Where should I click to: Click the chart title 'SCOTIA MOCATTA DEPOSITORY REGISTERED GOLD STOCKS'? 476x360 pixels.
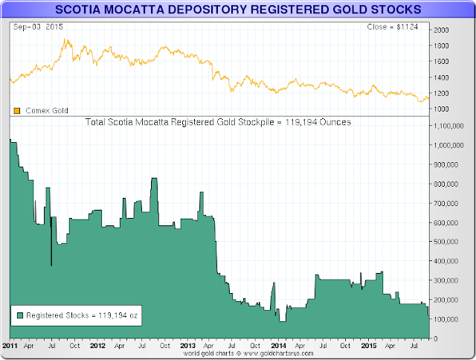(x=237, y=9)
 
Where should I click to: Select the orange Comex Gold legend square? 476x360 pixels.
(x=16, y=111)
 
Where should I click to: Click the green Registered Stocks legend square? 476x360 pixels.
(x=19, y=315)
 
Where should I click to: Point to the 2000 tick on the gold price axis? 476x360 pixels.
(x=442, y=30)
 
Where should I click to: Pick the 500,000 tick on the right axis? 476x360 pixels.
(x=447, y=242)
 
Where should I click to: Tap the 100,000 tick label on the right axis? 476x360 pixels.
(x=447, y=319)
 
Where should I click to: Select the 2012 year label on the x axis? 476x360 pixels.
(x=97, y=346)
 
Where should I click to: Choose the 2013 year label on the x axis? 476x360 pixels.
(x=187, y=346)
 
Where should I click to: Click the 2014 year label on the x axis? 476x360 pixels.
(x=278, y=346)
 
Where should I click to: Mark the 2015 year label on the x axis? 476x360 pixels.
(x=368, y=346)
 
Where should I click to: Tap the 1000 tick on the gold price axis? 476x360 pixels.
(x=442, y=109)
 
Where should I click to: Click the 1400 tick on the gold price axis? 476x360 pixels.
(x=442, y=77)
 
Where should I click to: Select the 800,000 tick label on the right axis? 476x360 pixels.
(x=447, y=184)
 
